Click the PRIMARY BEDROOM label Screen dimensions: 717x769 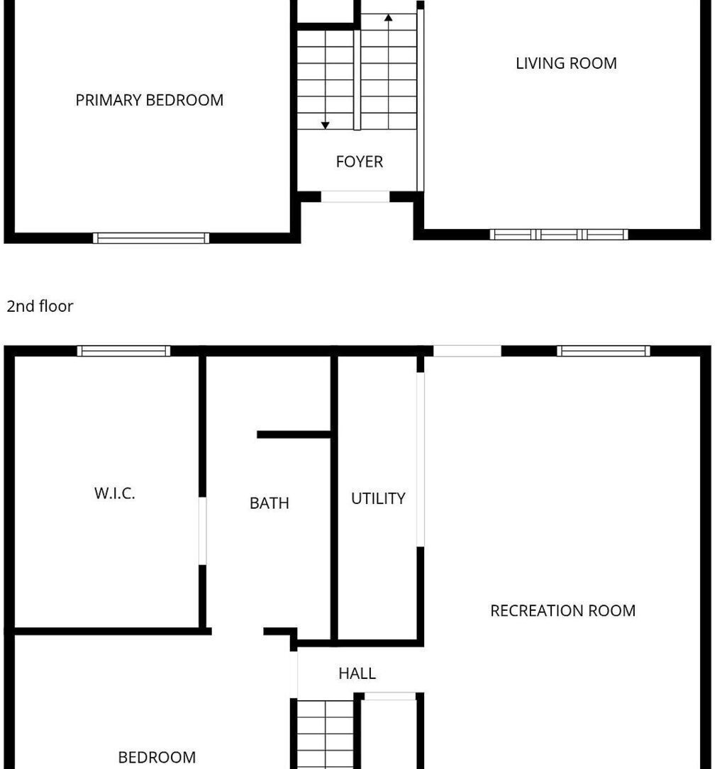[x=149, y=100]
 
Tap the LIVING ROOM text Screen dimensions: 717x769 [x=566, y=63]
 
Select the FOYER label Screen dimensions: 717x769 [x=360, y=162]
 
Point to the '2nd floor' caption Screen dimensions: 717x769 [x=40, y=306]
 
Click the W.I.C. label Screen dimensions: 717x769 [x=114, y=493]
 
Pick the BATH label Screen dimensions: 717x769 [x=269, y=503]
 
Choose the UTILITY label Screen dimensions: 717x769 [x=379, y=499]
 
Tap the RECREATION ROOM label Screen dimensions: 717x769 [x=563, y=610]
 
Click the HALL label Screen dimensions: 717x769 [x=357, y=673]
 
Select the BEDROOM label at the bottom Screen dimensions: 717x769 [x=157, y=757]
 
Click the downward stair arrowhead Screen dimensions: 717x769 [x=325, y=125]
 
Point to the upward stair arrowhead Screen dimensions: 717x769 [x=388, y=18]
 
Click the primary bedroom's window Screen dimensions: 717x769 [x=151, y=238]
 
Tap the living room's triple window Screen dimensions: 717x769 [x=559, y=235]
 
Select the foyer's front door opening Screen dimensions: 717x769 [x=355, y=196]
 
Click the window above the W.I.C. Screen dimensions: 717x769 [x=123, y=351]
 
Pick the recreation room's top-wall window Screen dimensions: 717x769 [x=603, y=351]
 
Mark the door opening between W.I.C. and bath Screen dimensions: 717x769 [x=202, y=531]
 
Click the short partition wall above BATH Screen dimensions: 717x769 [x=294, y=434]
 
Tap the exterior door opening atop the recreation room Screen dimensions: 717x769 [x=467, y=351]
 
